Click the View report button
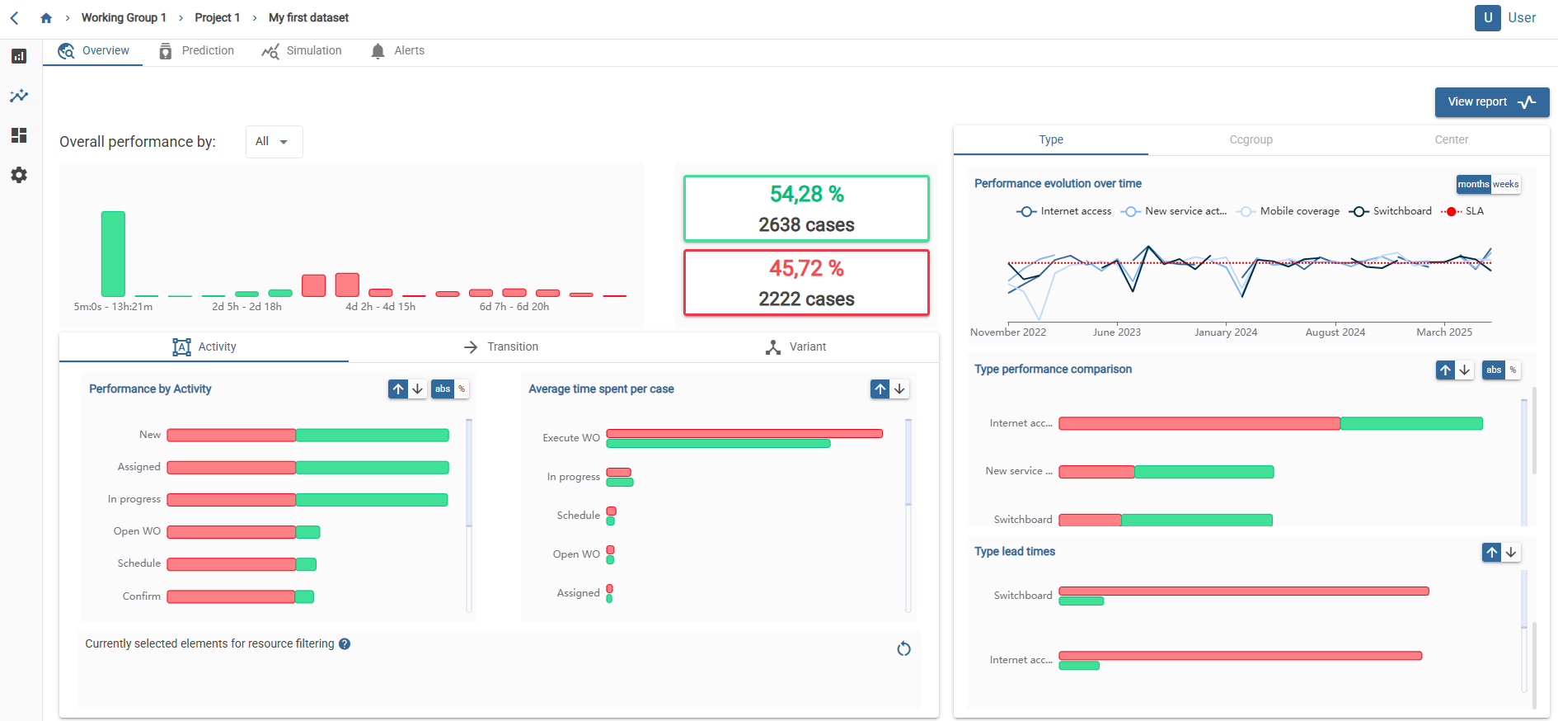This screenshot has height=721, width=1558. click(1491, 102)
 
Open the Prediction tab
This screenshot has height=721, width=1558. click(197, 51)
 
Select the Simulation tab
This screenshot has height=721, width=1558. click(302, 51)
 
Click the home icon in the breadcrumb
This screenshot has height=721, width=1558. click(46, 18)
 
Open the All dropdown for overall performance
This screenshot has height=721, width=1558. click(274, 142)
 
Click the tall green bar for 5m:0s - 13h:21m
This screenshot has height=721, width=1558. click(113, 253)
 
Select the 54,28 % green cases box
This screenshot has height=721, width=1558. click(806, 209)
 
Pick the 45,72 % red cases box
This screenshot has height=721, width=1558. click(806, 283)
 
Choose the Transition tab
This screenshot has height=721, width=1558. click(501, 347)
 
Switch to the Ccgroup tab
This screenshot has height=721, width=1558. click(1251, 140)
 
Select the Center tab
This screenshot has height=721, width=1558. click(1451, 140)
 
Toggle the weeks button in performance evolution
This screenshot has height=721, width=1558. click(1505, 185)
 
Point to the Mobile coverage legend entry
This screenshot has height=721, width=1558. click(1291, 212)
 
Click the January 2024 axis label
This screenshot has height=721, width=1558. click(1226, 332)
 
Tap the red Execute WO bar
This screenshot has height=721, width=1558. click(744, 433)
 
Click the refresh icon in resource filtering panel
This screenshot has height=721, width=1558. click(903, 649)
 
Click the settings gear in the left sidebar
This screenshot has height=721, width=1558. click(19, 175)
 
